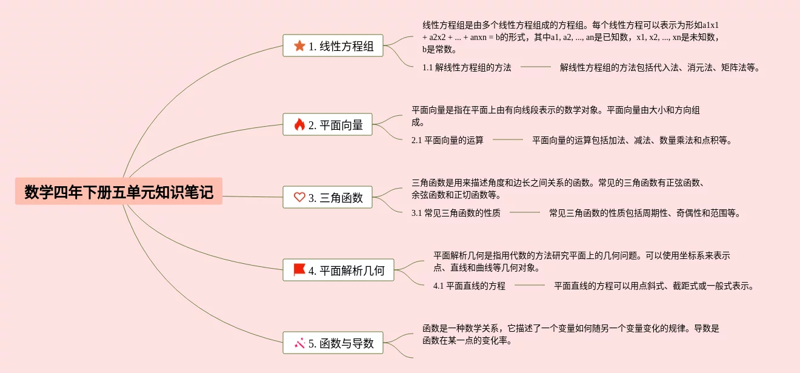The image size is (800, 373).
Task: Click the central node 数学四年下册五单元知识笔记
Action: [119, 192]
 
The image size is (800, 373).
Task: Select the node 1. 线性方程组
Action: [333, 45]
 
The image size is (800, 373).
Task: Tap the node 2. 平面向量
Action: [327, 124]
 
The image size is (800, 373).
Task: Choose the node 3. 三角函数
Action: [327, 197]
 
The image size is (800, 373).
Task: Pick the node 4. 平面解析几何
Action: [338, 270]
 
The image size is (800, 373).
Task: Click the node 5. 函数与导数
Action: [333, 343]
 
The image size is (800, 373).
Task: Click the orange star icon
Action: [299, 45]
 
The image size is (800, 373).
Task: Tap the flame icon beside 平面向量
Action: [299, 124]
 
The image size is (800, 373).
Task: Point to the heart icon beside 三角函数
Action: [299, 197]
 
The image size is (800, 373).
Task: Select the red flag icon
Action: [299, 270]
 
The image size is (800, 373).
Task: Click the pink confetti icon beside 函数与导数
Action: [299, 343]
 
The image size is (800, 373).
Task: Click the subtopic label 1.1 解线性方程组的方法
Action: [467, 67]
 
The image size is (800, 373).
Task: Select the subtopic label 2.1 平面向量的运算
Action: [447, 140]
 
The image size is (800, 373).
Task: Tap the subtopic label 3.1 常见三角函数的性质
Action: [456, 213]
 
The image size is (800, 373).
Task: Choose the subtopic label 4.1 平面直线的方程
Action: [469, 286]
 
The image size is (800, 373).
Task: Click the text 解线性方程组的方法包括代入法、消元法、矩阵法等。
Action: [660, 67]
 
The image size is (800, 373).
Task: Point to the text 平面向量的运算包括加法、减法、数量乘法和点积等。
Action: [632, 140]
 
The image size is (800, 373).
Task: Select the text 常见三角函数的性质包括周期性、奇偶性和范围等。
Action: [645, 213]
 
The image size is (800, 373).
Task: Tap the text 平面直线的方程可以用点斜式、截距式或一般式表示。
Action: [654, 286]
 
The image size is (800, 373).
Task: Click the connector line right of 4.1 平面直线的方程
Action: [530, 285]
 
